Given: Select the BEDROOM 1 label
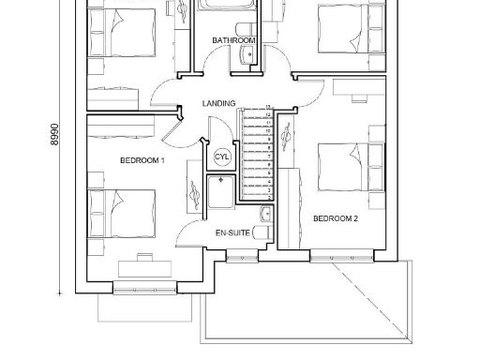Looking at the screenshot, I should click(x=142, y=161).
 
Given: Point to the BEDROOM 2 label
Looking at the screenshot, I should click(x=336, y=218).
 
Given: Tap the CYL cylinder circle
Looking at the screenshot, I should click(x=222, y=157).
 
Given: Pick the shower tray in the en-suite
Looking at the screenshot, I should click(x=221, y=195).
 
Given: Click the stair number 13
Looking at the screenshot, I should click(x=269, y=109).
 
